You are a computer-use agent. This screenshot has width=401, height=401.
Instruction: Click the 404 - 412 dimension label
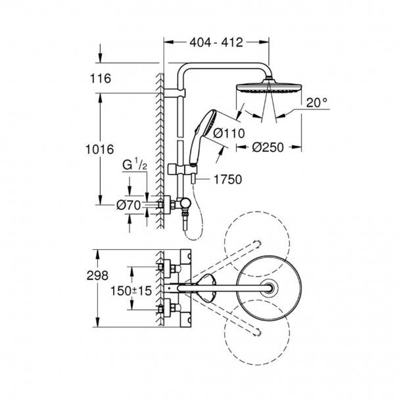click(216, 43)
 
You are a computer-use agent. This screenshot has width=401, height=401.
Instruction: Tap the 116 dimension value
click(101, 78)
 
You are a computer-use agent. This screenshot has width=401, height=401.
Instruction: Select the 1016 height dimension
click(99, 149)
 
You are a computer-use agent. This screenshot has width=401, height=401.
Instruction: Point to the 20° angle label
click(317, 103)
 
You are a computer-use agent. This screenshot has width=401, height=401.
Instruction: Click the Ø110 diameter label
click(229, 133)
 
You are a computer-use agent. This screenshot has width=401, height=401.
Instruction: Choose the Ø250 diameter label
click(268, 147)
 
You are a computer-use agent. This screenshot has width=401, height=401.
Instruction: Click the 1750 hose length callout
click(227, 179)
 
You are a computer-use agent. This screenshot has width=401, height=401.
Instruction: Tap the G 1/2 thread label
click(135, 164)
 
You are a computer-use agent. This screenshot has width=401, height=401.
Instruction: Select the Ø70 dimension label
click(129, 205)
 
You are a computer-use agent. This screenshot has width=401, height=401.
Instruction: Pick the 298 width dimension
click(97, 275)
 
